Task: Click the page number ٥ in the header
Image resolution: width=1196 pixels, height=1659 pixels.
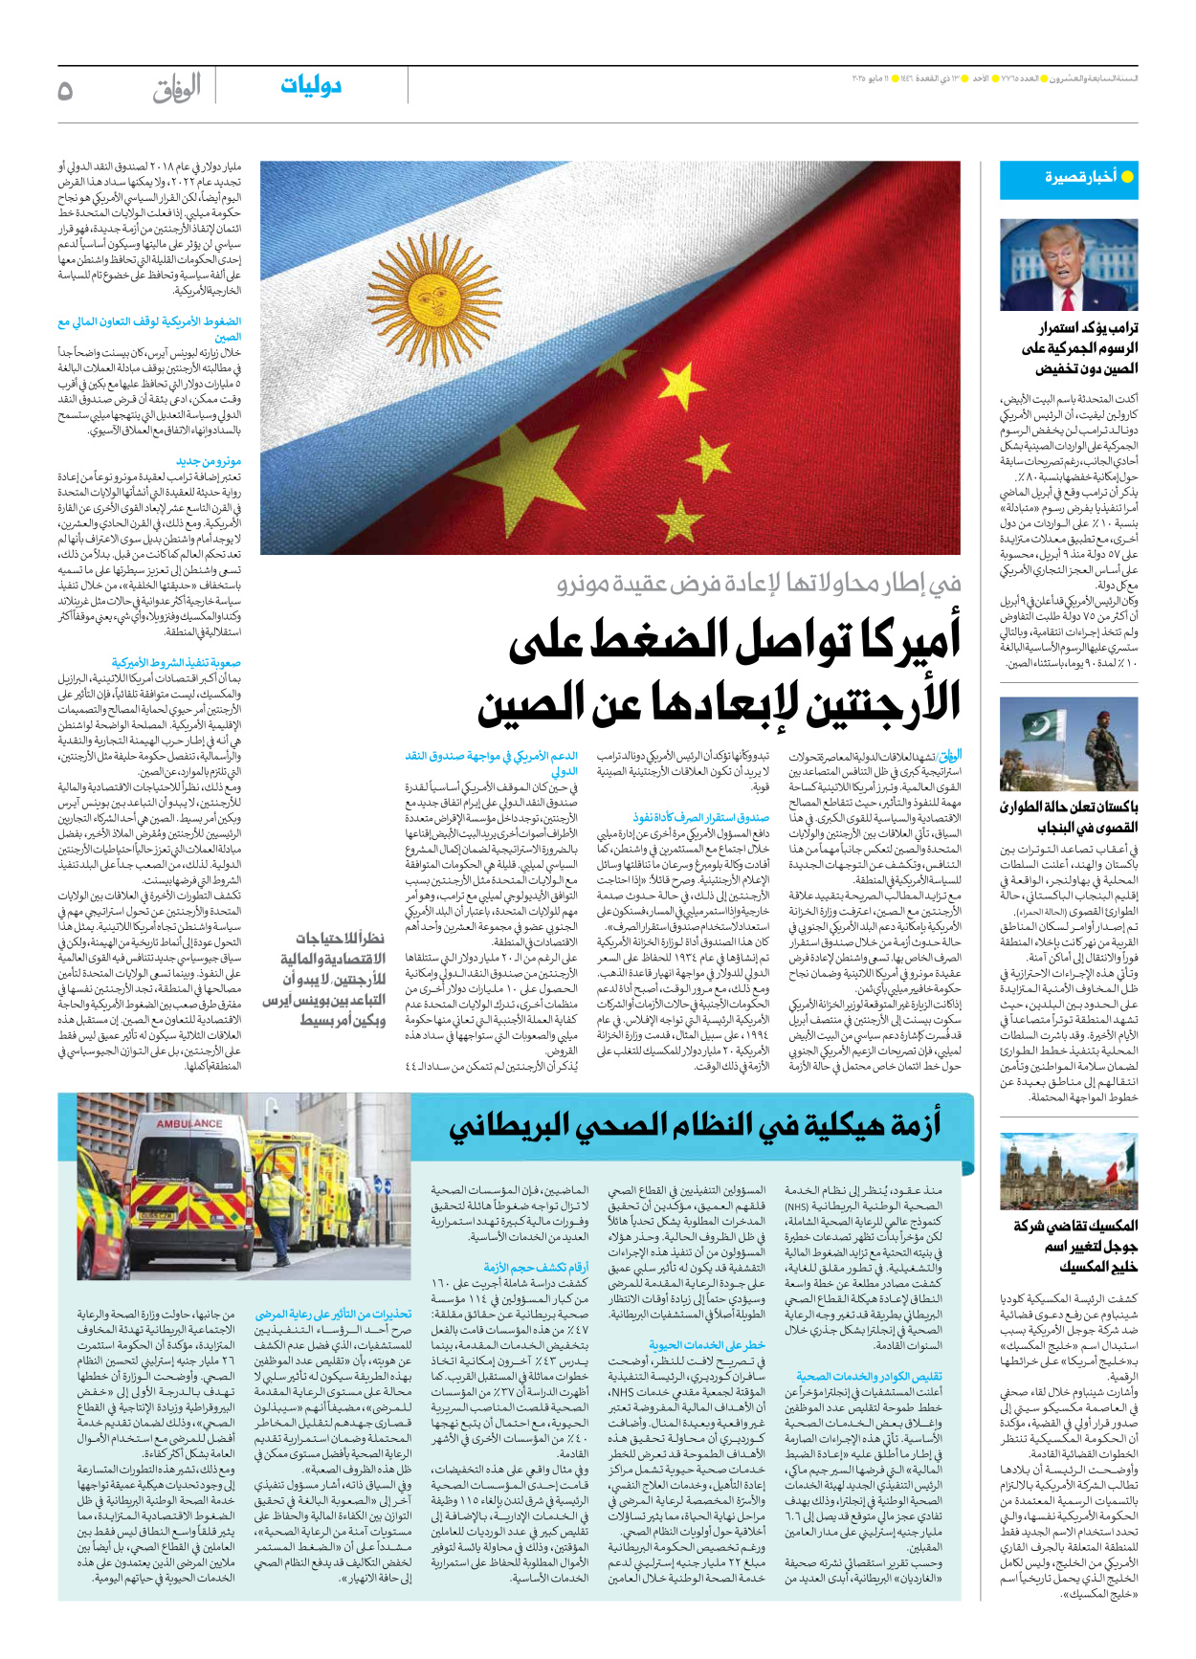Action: point(65,90)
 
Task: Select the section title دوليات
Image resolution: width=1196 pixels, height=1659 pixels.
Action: point(311,86)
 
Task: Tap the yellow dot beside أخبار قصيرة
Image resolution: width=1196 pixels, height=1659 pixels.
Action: point(1127,177)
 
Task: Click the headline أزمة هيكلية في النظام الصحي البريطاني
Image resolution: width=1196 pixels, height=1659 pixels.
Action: point(696,1126)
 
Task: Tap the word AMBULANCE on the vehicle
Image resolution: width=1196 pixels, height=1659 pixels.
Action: point(189,1124)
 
